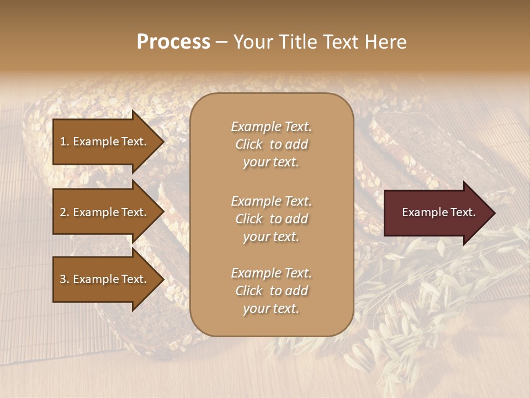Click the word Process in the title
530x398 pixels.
click(173, 42)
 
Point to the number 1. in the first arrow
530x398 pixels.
click(65, 142)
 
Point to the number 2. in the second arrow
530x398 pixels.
click(65, 212)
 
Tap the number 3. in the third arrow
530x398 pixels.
click(65, 279)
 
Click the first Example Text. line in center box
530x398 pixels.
click(271, 127)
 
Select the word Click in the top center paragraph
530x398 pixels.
click(248, 144)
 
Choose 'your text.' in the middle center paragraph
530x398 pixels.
click(271, 237)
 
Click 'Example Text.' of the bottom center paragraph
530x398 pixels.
click(271, 273)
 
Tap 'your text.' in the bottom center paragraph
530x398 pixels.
click(271, 308)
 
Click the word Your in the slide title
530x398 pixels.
click(252, 42)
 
